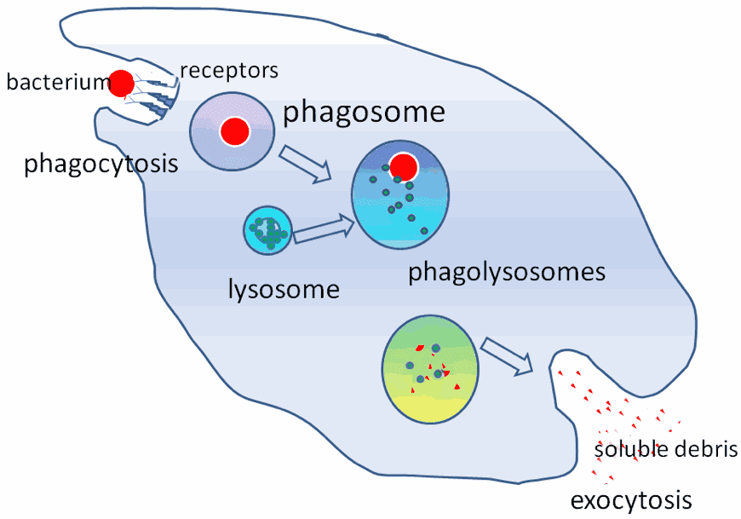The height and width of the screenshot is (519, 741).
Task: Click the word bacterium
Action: click(x=59, y=82)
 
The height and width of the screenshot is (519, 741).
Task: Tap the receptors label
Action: click(x=229, y=71)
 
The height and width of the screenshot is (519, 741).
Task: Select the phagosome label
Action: click(x=364, y=112)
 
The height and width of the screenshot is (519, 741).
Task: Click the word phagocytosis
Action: click(x=101, y=164)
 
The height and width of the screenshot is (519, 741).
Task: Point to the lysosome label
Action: click(x=284, y=288)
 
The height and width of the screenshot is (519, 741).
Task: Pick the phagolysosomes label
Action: click(x=507, y=272)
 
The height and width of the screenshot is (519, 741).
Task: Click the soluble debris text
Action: click(x=666, y=449)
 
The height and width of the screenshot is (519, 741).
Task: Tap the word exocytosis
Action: click(x=631, y=500)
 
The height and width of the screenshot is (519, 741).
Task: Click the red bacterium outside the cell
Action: click(x=122, y=84)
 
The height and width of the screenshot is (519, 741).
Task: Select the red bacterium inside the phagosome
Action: click(x=235, y=131)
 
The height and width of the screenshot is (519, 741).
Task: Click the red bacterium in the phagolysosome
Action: click(x=404, y=167)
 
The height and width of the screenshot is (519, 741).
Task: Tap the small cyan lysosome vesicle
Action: click(x=267, y=230)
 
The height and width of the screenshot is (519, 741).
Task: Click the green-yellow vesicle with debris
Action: click(x=430, y=369)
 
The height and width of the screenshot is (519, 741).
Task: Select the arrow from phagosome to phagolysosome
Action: click(x=305, y=164)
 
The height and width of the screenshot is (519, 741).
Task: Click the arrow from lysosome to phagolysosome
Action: click(x=325, y=228)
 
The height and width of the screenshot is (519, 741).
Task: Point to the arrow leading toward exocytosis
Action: click(x=507, y=356)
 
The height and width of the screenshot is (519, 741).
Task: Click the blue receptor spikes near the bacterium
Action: click(x=155, y=94)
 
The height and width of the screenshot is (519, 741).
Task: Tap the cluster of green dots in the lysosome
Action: click(x=268, y=232)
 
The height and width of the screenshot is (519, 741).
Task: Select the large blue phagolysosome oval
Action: click(x=400, y=194)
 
